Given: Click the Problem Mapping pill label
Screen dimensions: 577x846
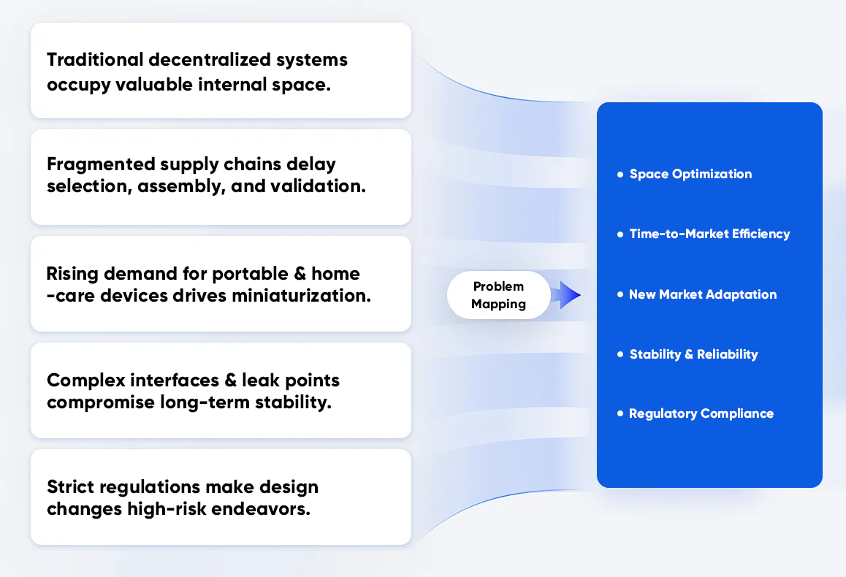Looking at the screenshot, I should coord(498,295).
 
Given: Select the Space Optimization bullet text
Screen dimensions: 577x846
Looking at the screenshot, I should coord(690,174).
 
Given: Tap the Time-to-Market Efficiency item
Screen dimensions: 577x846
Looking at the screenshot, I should coord(709,234).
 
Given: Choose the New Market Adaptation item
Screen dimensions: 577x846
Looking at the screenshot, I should coord(703,294).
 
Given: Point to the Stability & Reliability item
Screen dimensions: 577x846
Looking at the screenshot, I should coord(693,354).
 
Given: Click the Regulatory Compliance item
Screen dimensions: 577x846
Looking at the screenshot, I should coord(701,413).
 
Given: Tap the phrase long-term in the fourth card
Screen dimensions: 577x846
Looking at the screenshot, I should coord(198,402).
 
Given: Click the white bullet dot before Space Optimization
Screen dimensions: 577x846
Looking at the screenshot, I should coord(620,175).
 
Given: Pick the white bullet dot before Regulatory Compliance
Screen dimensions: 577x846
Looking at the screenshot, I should coord(620,414).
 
